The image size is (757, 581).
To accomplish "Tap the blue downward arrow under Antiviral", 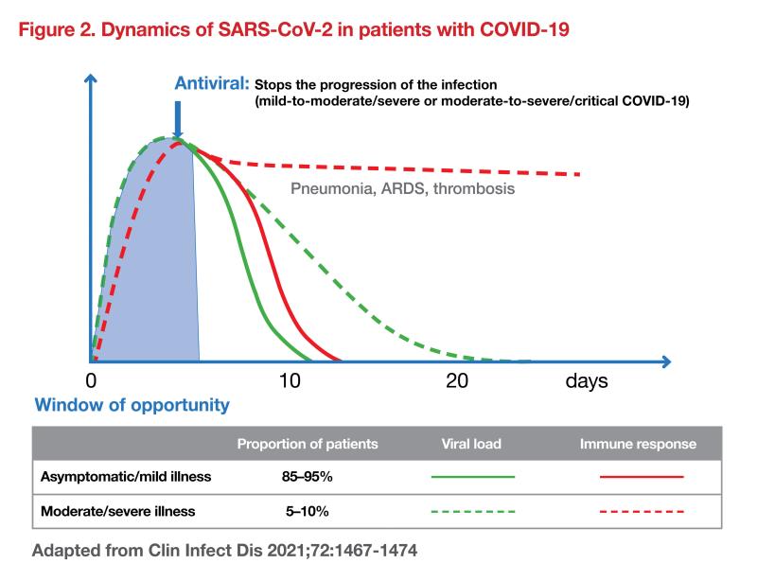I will [x=178, y=124].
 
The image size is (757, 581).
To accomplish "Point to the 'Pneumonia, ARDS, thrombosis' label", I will [x=402, y=189].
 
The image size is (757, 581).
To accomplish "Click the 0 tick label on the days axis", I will [x=91, y=381].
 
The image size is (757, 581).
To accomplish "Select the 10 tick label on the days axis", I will [x=289, y=381].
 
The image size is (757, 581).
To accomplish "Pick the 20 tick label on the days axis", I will [x=456, y=381].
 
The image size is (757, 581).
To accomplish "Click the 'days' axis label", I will [x=587, y=381].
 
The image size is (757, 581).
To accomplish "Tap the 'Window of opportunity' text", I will [x=132, y=405].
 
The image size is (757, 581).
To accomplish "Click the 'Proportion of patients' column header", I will [x=308, y=443].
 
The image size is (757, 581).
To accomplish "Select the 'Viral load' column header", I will [x=471, y=443].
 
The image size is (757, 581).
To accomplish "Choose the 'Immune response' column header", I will [x=638, y=443].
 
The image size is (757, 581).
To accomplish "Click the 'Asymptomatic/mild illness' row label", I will [x=126, y=477].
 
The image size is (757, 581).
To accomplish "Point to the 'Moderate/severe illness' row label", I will [x=118, y=511].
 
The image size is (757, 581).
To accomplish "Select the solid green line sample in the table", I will [x=472, y=477].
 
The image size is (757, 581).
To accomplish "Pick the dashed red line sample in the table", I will [x=642, y=511].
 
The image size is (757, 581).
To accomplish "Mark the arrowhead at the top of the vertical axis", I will [x=92, y=76].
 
